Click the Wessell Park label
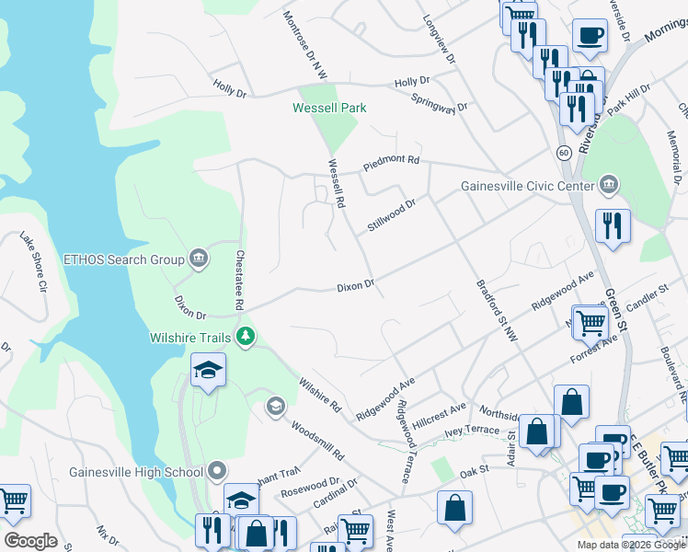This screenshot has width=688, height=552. coord(329,108)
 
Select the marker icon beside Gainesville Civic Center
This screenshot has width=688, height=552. coord(608,187)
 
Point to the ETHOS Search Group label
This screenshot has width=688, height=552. coord(123,259)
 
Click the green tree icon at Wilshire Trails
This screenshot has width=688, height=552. coord(245,337)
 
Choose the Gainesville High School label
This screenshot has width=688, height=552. coord(135,473)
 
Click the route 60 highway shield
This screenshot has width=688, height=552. coord(563,151)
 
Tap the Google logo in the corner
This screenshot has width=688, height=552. coord(30,541)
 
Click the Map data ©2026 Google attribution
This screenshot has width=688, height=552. coord(630,545)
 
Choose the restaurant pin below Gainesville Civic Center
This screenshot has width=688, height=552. coord(612,225)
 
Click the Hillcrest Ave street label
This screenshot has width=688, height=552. coord(440,411)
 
